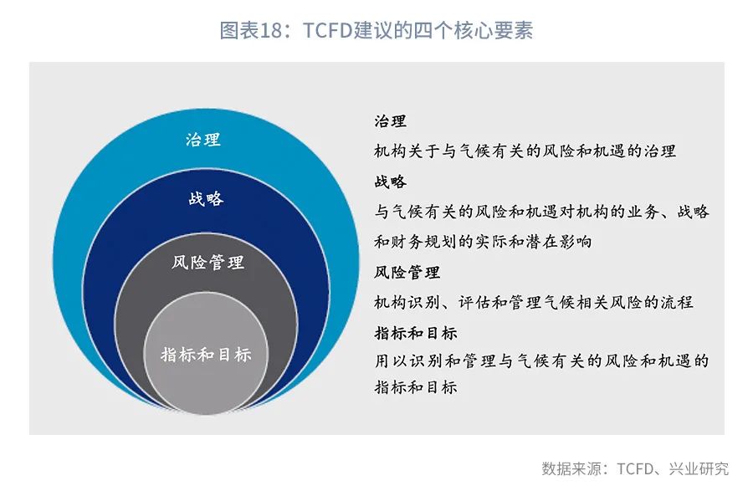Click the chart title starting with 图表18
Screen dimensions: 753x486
click(x=376, y=30)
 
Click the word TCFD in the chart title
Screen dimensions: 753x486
click(x=327, y=30)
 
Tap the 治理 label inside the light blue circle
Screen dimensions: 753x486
click(x=203, y=140)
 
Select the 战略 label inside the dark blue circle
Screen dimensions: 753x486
click(x=206, y=198)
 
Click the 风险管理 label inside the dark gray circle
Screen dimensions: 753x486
click(x=208, y=262)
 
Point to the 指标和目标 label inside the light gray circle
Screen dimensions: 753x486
click(x=206, y=355)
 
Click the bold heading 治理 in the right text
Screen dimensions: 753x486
click(x=391, y=121)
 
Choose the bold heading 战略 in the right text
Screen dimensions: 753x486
click(x=391, y=182)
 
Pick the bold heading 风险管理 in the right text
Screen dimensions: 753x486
click(x=407, y=273)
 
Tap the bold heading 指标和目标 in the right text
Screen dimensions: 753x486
click(x=415, y=333)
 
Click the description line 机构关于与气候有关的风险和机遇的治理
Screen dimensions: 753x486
click(x=525, y=151)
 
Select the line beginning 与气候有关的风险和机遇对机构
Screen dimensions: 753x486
click(x=541, y=212)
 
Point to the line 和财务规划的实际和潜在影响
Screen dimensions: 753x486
click(x=483, y=242)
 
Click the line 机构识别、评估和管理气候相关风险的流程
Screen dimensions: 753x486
click(x=534, y=303)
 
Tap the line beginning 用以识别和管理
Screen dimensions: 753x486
click(x=541, y=361)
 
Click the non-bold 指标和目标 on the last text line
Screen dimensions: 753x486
click(x=415, y=387)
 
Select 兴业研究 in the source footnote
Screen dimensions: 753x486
click(x=699, y=468)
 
